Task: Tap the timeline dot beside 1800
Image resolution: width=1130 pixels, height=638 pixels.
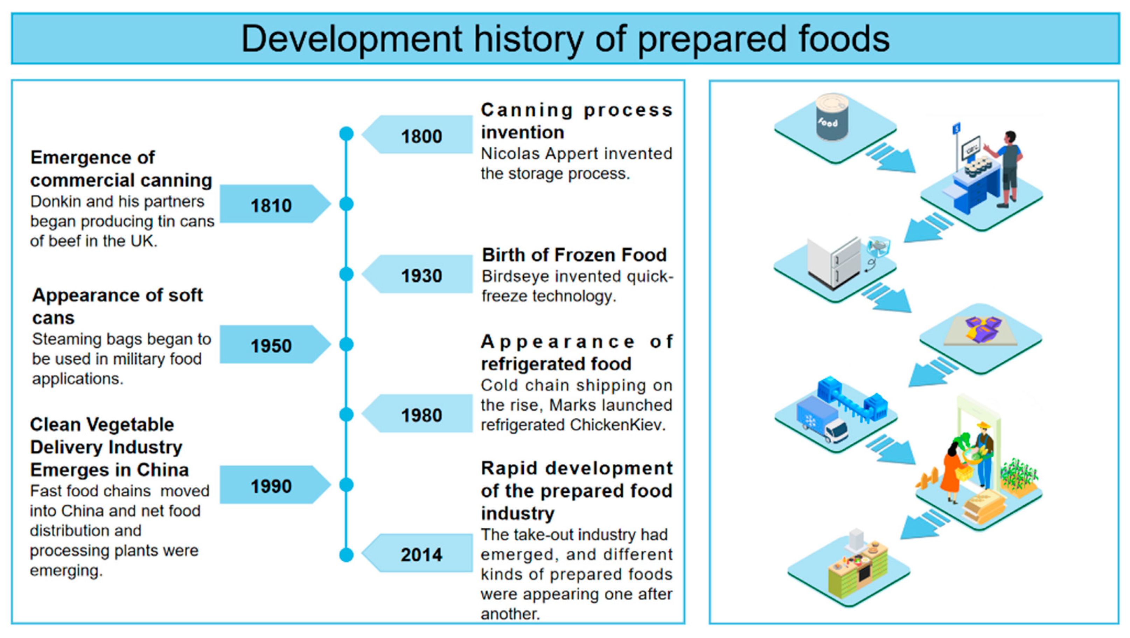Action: click(347, 134)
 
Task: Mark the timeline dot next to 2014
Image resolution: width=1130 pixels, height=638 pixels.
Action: click(347, 555)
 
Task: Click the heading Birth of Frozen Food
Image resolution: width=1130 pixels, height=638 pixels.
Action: click(574, 255)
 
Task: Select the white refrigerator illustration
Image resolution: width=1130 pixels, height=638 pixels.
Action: click(834, 263)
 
